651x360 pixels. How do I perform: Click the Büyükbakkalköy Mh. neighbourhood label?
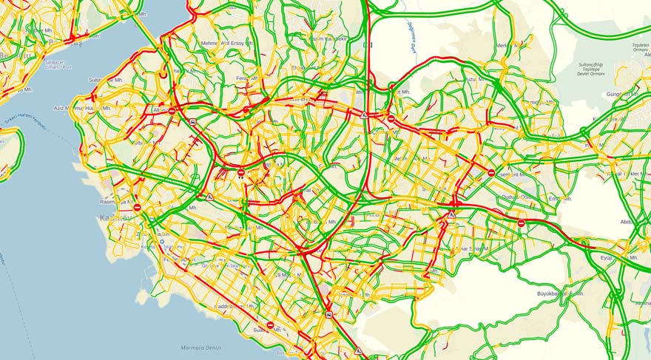click(x=560, y=293)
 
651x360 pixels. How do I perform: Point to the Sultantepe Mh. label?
click(x=105, y=80)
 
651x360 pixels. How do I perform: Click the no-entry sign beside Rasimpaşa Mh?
click(x=137, y=208)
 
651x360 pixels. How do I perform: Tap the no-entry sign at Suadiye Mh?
click(x=270, y=325)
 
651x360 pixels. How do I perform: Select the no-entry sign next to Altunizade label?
click(x=172, y=111)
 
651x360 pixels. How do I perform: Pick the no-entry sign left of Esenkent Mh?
click(x=491, y=173)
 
